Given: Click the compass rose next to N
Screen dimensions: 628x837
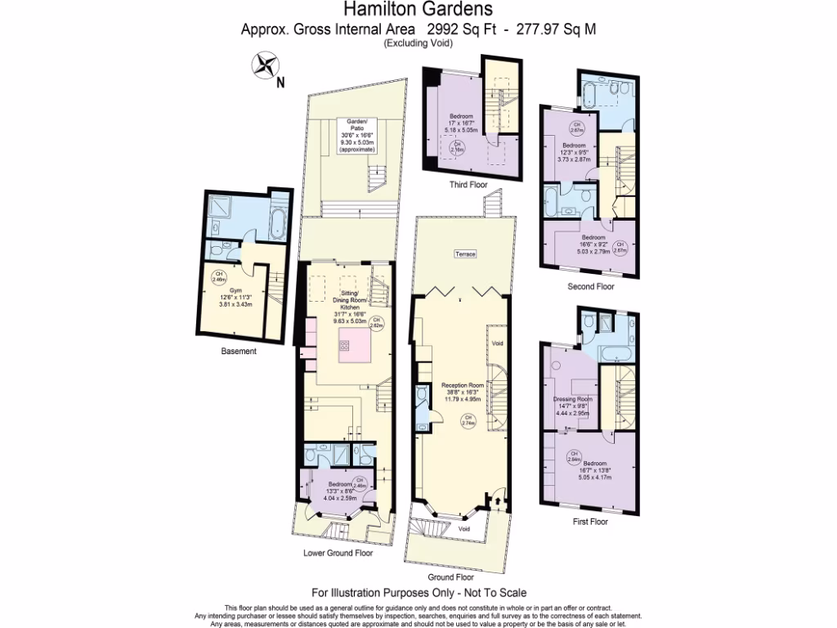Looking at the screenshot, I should click(264, 66).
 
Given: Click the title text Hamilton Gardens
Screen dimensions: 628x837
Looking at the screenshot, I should click(418, 10).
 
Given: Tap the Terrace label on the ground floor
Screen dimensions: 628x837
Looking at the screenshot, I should click(465, 254).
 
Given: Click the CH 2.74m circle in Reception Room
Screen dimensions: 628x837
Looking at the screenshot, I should click(468, 421).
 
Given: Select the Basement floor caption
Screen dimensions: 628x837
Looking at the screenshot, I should click(239, 352).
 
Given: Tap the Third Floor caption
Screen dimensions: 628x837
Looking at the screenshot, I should click(468, 185).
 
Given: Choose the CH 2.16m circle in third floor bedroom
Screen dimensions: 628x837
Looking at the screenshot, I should click(459, 148).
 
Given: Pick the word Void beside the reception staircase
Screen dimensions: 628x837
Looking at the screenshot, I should click(497, 344).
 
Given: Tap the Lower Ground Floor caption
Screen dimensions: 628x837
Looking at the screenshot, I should click(338, 553).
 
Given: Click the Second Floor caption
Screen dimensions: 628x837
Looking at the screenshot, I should click(591, 287).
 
